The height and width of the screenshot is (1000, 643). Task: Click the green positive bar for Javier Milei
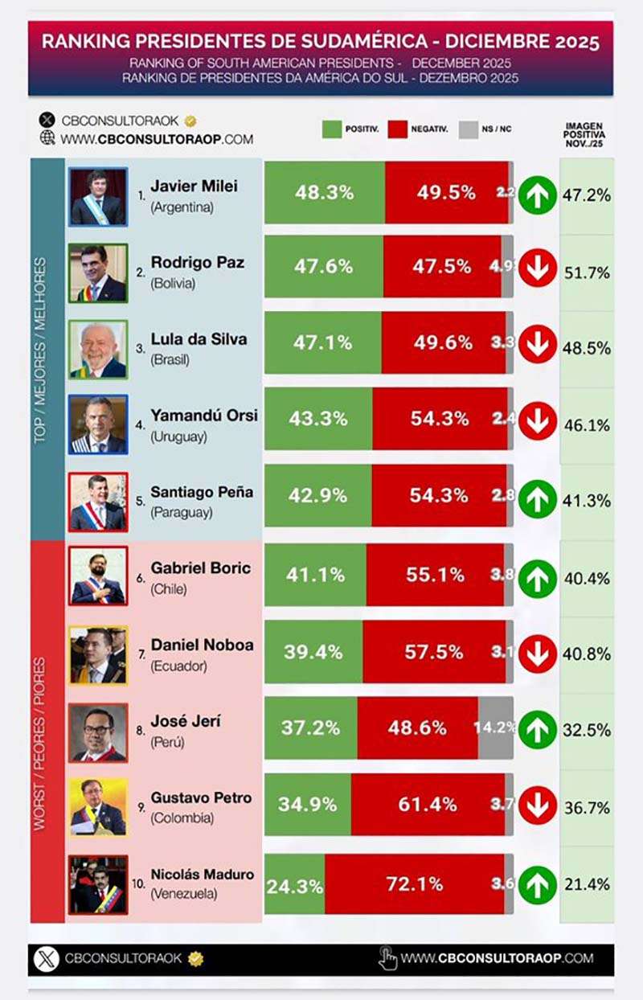coord(324,193)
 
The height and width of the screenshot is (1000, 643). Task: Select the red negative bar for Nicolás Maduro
coord(414,884)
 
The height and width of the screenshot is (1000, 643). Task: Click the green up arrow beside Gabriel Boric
coord(537,577)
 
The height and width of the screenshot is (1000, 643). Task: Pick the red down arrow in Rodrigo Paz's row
coord(537,269)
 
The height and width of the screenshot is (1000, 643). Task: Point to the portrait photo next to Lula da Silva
coord(98,349)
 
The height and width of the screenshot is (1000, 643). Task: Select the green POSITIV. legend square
coord(332,129)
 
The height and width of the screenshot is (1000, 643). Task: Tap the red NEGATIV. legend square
coord(399,129)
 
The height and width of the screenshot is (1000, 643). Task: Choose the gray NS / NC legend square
coord(469,129)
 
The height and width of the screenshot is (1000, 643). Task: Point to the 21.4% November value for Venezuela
coord(586,884)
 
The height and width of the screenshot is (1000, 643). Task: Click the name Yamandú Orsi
coord(204,416)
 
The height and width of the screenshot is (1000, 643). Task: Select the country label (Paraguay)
coord(182,512)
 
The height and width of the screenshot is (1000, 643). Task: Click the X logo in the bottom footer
coord(47,959)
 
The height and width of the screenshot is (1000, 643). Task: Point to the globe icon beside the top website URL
coord(47,138)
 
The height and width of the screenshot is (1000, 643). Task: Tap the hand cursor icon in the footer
coord(387,958)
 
